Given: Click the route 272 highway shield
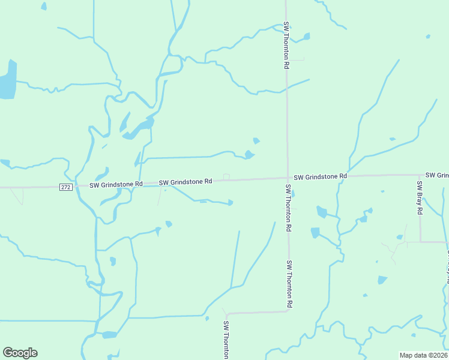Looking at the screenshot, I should pyautogui.click(x=66, y=187).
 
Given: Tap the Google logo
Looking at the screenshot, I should pyautogui.click(x=20, y=353).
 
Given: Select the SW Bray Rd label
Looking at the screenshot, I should pyautogui.click(x=420, y=199).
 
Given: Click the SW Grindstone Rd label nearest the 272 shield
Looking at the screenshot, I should pyautogui.click(x=116, y=184).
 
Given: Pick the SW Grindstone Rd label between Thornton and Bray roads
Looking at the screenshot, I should pyautogui.click(x=321, y=176).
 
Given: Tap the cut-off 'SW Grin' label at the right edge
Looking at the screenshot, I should pyautogui.click(x=437, y=175).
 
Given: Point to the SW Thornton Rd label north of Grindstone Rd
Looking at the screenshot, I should pyautogui.click(x=287, y=46).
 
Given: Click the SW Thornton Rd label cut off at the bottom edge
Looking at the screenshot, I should pyautogui.click(x=226, y=340).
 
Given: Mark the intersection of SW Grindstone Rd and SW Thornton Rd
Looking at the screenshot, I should pyautogui.click(x=288, y=178).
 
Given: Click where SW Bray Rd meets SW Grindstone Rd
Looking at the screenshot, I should pyautogui.click(x=420, y=175).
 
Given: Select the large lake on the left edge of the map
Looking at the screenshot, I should pyautogui.click(x=7, y=81).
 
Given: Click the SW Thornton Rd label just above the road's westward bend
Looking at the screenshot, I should pyautogui.click(x=290, y=284).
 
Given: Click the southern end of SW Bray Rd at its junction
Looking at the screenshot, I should pyautogui.click(x=420, y=242).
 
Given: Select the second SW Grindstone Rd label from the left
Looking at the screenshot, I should pyautogui.click(x=185, y=181).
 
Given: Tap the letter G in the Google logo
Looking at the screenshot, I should pyautogui.click(x=9, y=353).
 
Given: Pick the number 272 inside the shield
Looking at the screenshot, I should pyautogui.click(x=66, y=187).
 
